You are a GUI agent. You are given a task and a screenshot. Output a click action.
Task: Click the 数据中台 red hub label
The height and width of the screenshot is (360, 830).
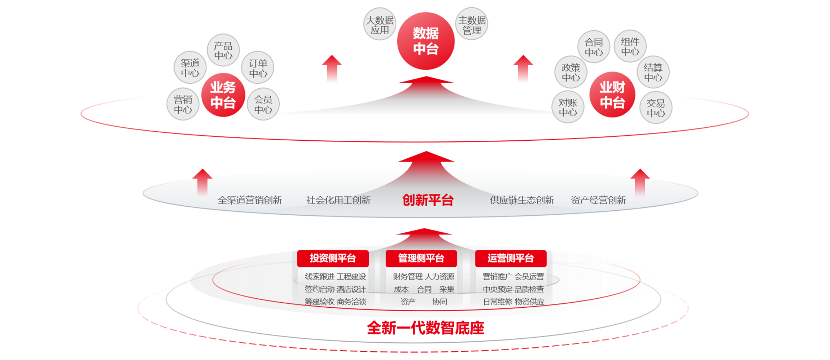pyautogui.click(x=425, y=41)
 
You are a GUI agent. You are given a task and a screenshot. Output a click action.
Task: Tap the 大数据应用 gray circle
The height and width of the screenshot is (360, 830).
pyautogui.click(x=380, y=25)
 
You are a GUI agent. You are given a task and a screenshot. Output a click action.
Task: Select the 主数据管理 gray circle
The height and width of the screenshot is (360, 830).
pyautogui.click(x=472, y=25)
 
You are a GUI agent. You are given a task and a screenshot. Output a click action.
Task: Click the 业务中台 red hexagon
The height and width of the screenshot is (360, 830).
pyautogui.click(x=223, y=95)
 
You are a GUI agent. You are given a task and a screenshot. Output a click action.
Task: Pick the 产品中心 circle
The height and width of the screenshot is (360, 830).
pyautogui.click(x=223, y=51)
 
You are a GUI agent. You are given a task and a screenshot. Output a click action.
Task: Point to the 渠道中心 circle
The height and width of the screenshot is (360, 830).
pyautogui.click(x=190, y=68)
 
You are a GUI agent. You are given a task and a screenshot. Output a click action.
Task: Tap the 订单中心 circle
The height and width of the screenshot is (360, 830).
pyautogui.click(x=258, y=68)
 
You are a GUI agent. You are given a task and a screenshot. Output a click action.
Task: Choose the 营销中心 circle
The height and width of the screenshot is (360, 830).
pyautogui.click(x=183, y=104)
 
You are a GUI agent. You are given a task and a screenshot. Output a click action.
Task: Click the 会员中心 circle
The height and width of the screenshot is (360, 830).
pyautogui.click(x=263, y=104)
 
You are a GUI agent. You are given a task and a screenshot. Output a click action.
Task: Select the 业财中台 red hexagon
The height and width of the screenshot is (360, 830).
pyautogui.click(x=612, y=95)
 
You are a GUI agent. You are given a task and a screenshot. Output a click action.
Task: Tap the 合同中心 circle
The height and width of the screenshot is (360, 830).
pyautogui.click(x=594, y=47)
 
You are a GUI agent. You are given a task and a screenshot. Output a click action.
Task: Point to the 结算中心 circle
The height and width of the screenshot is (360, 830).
pyautogui.click(x=653, y=72)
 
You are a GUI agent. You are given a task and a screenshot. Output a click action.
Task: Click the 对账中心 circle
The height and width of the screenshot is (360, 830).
pyautogui.click(x=568, y=107)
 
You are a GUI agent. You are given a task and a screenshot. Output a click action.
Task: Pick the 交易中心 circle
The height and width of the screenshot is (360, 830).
pyautogui.click(x=656, y=108)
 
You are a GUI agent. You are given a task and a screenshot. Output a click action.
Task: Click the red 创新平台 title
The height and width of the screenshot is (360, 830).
pyautogui.click(x=428, y=200)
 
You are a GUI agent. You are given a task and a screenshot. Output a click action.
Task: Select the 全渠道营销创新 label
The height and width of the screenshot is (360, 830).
pyautogui.click(x=250, y=200)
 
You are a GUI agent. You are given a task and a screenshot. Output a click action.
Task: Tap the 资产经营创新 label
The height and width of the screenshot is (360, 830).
pyautogui.click(x=598, y=200)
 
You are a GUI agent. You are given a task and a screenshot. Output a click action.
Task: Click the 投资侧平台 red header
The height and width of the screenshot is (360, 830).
pyautogui.click(x=333, y=258)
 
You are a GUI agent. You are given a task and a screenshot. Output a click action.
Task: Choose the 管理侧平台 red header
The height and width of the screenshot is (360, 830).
pyautogui.click(x=421, y=258)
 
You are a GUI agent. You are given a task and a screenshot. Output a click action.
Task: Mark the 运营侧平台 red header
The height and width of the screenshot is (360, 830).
pyautogui.click(x=510, y=258)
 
